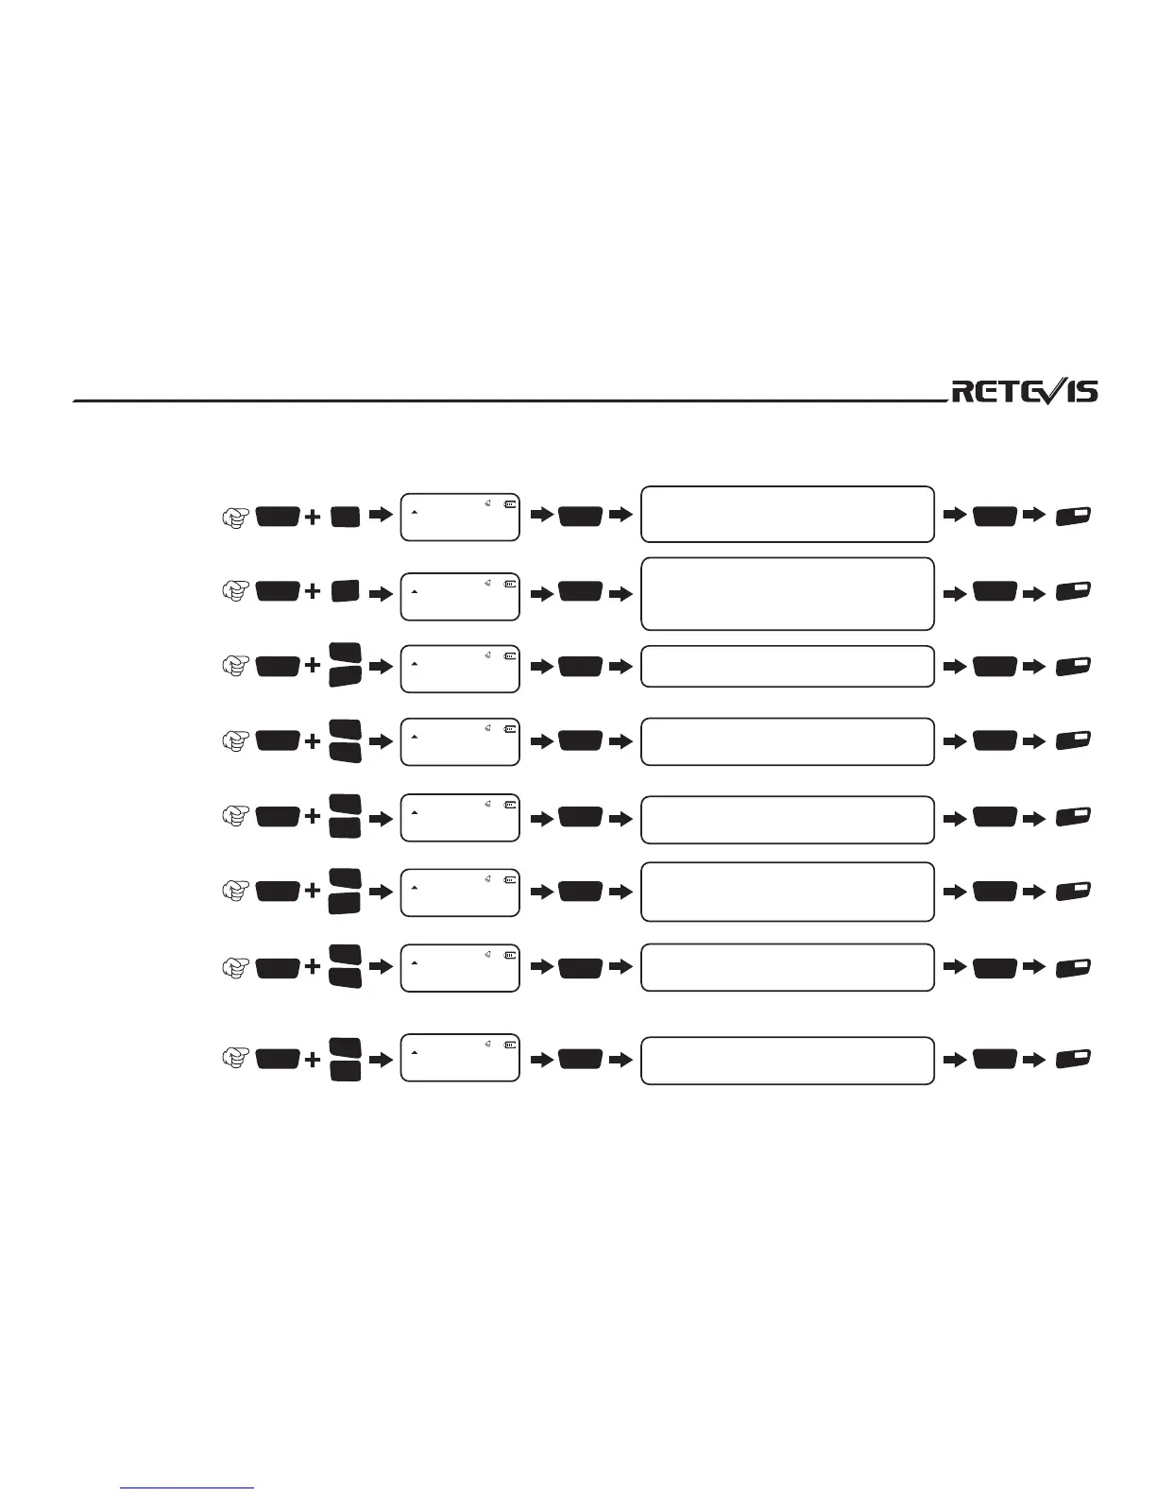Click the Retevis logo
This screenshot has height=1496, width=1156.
(x=1025, y=391)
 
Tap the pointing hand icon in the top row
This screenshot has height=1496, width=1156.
(x=234, y=517)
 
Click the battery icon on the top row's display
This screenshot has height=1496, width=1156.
(x=511, y=504)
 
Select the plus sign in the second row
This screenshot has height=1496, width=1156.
(x=313, y=591)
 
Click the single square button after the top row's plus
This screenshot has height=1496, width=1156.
(x=346, y=517)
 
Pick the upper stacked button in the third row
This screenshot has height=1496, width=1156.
(x=346, y=653)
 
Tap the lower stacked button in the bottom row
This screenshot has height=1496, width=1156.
(x=346, y=1071)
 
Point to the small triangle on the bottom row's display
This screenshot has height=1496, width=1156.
(x=415, y=1052)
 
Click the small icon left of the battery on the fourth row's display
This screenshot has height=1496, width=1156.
(x=488, y=728)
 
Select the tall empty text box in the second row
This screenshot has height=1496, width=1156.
(x=787, y=593)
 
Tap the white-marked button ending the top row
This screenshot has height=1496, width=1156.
(x=1074, y=516)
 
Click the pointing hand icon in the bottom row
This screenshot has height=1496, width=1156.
(x=234, y=1060)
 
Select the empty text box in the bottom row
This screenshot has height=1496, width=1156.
(x=787, y=1060)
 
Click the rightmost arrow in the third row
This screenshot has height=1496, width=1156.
(x=1034, y=667)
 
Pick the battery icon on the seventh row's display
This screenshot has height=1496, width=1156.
(x=511, y=955)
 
